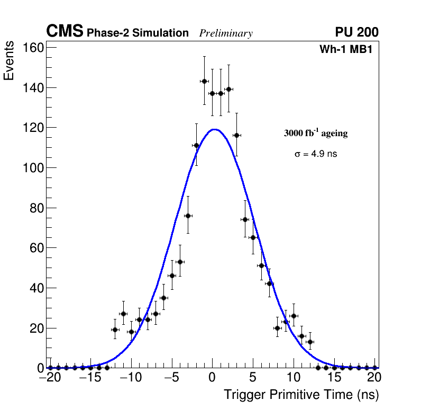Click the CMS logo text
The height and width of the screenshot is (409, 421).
(65, 32)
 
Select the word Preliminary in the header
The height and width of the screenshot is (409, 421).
(226, 33)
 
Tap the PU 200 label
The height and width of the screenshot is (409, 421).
(356, 32)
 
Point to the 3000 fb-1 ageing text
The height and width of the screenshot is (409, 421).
(316, 133)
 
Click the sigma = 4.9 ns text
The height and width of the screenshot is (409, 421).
(316, 154)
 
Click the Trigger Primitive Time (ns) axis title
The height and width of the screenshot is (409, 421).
(301, 395)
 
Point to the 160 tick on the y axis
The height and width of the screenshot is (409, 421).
(33, 48)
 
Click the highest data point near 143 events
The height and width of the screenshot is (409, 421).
(204, 81)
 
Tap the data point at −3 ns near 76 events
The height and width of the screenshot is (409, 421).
(188, 216)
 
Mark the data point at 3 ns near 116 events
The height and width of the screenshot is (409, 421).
(236, 135)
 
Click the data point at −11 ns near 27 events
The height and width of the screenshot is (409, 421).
(123, 314)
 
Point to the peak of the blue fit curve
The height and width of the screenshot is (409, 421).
(214, 129)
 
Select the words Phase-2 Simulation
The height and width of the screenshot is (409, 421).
(138, 33)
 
